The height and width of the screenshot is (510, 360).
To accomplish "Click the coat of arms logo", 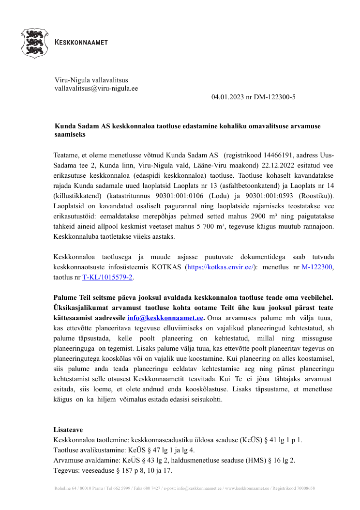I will [x=34, y=43].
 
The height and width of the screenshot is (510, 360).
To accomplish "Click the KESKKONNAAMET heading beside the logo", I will [x=82, y=43].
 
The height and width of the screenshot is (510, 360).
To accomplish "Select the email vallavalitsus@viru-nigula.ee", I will [x=96, y=89].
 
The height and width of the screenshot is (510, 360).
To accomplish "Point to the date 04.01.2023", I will [x=228, y=97].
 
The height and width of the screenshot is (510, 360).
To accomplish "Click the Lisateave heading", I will [x=68, y=430].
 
